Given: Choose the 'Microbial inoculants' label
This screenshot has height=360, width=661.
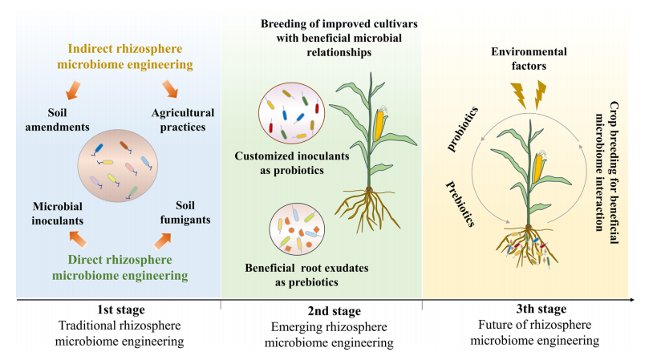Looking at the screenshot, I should tap(58, 211).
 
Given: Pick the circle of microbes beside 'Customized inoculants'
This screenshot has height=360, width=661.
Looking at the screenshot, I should tap(290, 115).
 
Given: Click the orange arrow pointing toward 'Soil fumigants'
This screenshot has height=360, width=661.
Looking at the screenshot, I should tap(164, 238).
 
